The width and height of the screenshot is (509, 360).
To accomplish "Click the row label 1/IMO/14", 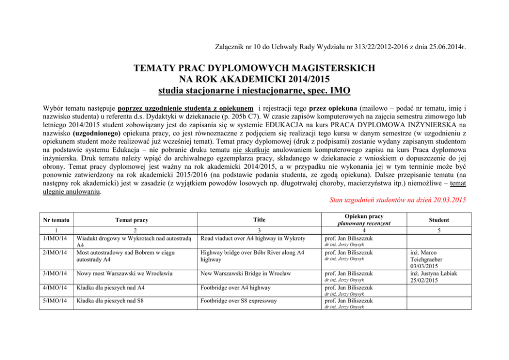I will tap(53, 238).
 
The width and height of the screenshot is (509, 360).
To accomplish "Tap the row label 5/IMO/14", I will tap(53, 301).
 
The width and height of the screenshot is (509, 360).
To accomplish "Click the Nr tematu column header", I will tap(54, 220).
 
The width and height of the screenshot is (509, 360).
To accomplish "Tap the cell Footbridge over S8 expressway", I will tap(240, 301).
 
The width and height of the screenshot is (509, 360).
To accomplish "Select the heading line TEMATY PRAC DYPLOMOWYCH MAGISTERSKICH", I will tap(254, 68).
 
